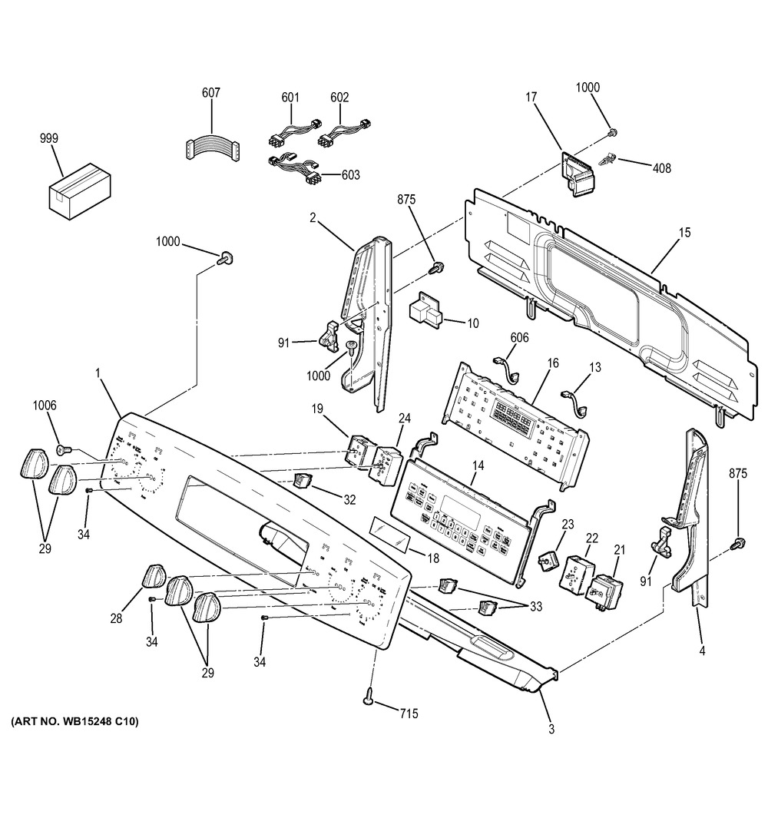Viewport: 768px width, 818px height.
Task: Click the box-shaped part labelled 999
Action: click(x=79, y=190)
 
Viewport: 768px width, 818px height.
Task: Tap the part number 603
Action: click(x=350, y=175)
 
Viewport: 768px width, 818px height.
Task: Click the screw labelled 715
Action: click(x=370, y=698)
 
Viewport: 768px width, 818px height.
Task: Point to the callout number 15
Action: click(x=684, y=232)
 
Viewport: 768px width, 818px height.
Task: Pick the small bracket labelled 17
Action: click(x=575, y=173)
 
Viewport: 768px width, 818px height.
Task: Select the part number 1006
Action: click(x=45, y=406)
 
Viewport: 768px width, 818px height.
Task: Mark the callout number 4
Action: click(x=702, y=652)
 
